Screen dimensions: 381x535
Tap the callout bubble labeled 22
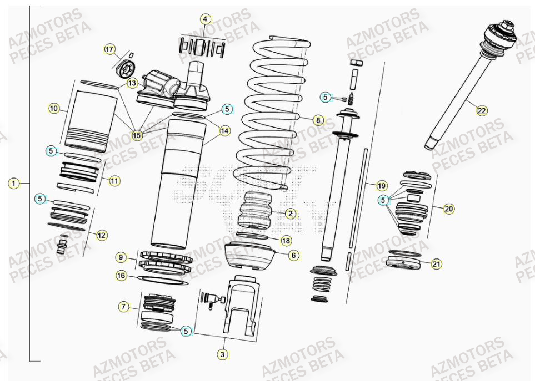481,111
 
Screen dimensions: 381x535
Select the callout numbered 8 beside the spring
317,120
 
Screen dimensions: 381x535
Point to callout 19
381,185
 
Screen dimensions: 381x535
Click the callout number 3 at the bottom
222,354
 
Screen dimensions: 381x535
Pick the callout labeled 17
109,50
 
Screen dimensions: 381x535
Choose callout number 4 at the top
206,19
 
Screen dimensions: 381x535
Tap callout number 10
54,109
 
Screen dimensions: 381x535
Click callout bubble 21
436,264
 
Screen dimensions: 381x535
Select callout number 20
449,209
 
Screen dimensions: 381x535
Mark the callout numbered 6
294,255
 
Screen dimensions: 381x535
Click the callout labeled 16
121,275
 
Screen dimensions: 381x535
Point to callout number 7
123,307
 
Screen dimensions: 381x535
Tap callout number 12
102,235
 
